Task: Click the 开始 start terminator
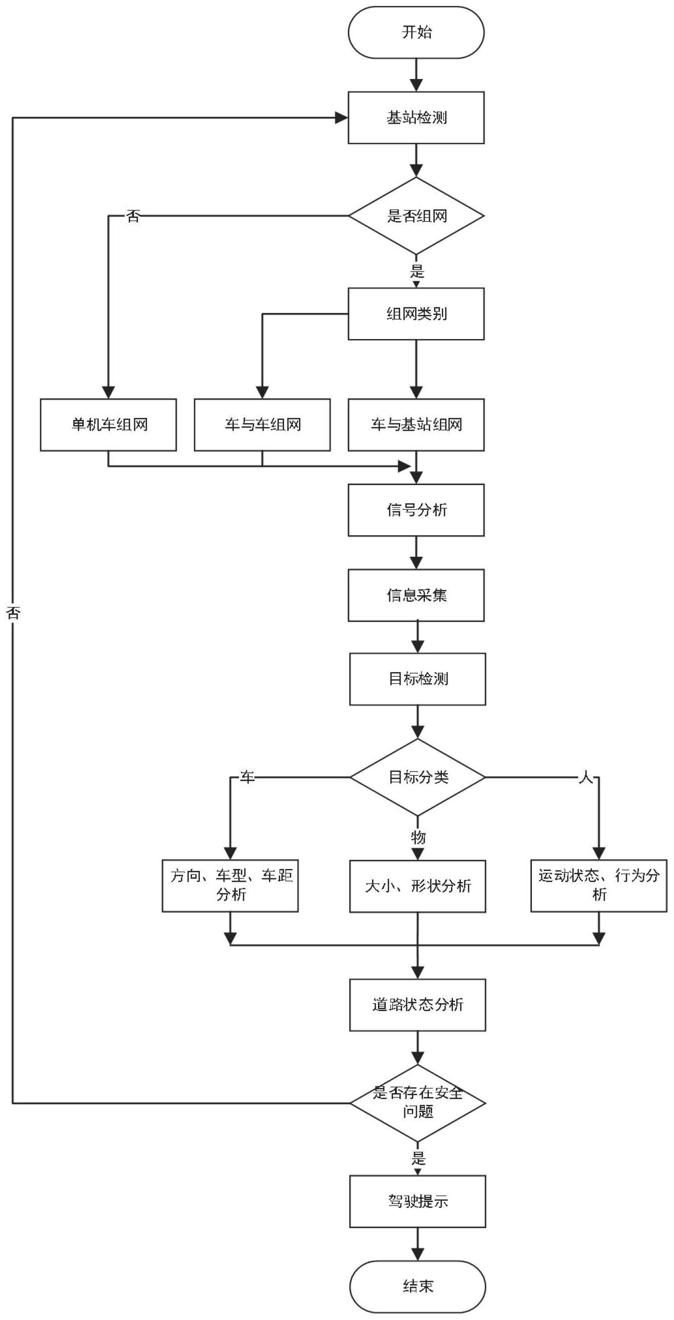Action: tap(415, 32)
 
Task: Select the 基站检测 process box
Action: tap(415, 118)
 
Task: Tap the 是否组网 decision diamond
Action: tap(415, 216)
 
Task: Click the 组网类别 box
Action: tap(415, 314)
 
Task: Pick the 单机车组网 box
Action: tap(108, 425)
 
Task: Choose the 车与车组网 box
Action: tap(262, 425)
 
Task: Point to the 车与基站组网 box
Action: tap(415, 425)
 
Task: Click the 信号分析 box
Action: tap(415, 510)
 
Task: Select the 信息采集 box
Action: tap(415, 595)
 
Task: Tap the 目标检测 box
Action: tap(417, 679)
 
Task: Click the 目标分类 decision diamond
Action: tap(417, 777)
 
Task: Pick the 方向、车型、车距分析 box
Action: tap(230, 885)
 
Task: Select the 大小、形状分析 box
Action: tap(417, 886)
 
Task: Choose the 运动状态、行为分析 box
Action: tap(599, 885)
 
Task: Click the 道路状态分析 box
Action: tap(417, 1005)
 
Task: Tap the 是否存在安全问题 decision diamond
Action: tap(417, 1103)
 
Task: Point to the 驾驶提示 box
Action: tap(417, 1201)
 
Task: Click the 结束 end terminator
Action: tap(417, 1286)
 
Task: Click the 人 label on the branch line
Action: tap(585, 778)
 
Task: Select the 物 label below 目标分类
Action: tap(418, 837)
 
